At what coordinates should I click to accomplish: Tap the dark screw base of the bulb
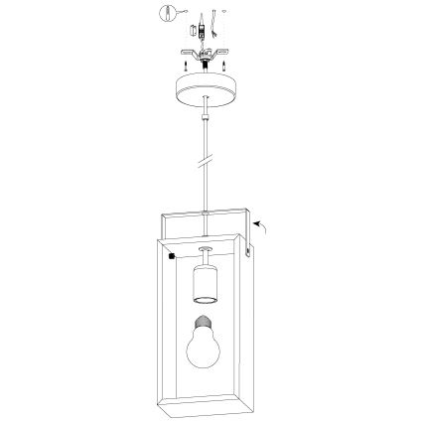pyautogui.click(x=205, y=320)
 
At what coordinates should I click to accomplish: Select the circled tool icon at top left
pyautogui.click(x=167, y=15)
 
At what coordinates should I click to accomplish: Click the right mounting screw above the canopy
pyautogui.click(x=224, y=67)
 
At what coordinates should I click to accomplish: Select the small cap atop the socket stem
pyautogui.click(x=205, y=248)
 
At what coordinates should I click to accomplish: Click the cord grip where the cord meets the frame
pyautogui.click(x=205, y=213)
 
